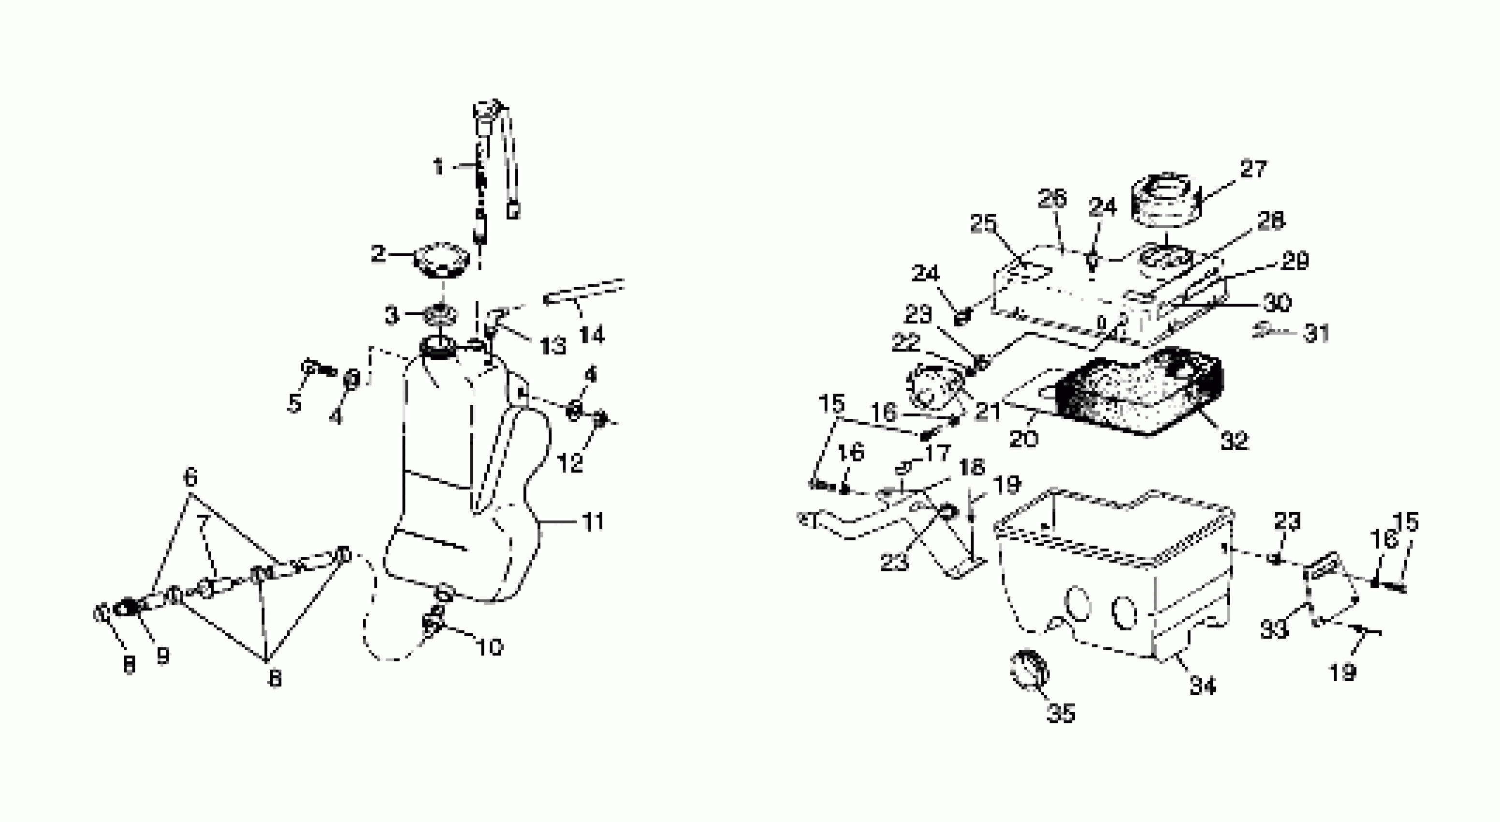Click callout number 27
click(1253, 170)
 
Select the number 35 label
click(1061, 713)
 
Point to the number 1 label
click(438, 168)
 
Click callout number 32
click(1234, 440)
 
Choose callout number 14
click(592, 335)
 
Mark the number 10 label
click(489, 646)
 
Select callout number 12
click(570, 463)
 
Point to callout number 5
click(295, 403)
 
